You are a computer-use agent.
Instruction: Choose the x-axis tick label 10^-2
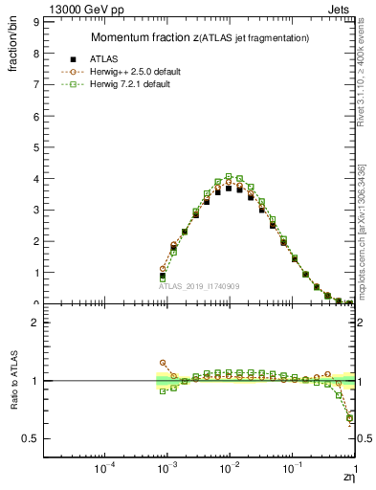(229, 469)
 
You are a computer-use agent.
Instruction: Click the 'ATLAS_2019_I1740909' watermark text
(199, 286)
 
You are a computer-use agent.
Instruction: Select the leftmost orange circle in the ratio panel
(163, 363)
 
